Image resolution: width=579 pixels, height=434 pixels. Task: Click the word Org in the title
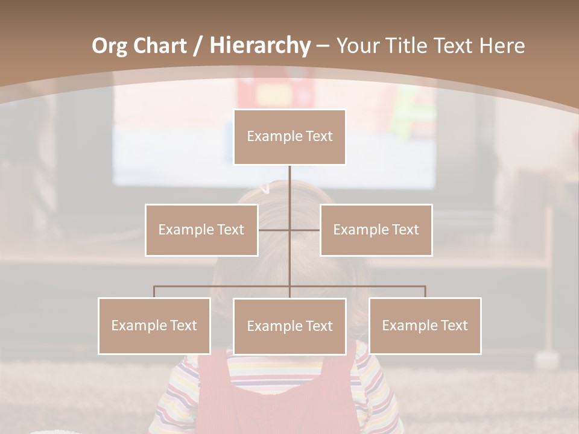point(109,46)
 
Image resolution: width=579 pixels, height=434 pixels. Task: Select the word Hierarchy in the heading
point(259,46)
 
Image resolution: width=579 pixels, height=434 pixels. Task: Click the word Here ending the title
point(502,46)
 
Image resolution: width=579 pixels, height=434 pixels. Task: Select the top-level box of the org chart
point(289,137)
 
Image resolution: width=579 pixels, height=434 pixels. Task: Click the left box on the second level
point(201,230)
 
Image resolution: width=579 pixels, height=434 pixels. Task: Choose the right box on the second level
point(376,230)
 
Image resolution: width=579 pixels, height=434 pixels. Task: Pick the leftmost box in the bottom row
point(154,325)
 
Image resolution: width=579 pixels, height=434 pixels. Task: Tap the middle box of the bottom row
point(289,326)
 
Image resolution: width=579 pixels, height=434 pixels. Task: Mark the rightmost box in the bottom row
point(425,325)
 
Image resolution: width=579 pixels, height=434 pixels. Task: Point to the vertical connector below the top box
point(289,187)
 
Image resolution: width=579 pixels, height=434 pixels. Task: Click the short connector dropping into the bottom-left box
point(154,292)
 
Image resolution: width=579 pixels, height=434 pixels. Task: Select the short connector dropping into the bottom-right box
point(425,292)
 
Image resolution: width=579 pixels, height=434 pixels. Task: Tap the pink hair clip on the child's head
point(264,189)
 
